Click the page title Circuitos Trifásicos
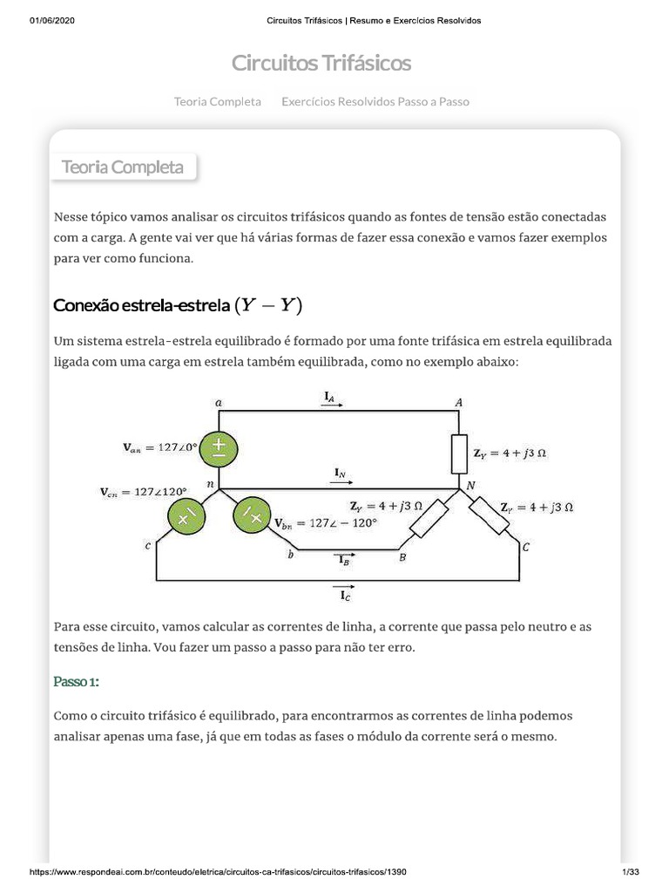coord(321,63)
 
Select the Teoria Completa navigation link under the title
coord(217,101)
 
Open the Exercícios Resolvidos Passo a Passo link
coord(375,101)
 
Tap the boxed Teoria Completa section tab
coord(123,167)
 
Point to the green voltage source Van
coord(219,449)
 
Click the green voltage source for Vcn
coord(185,517)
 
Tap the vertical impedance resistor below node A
coord(459,453)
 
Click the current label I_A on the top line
coord(330,398)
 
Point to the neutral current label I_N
coord(341,474)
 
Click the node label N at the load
coord(471,485)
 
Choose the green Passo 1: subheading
coord(77,680)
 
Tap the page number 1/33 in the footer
coord(630,872)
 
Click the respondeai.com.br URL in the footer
coord(218,872)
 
